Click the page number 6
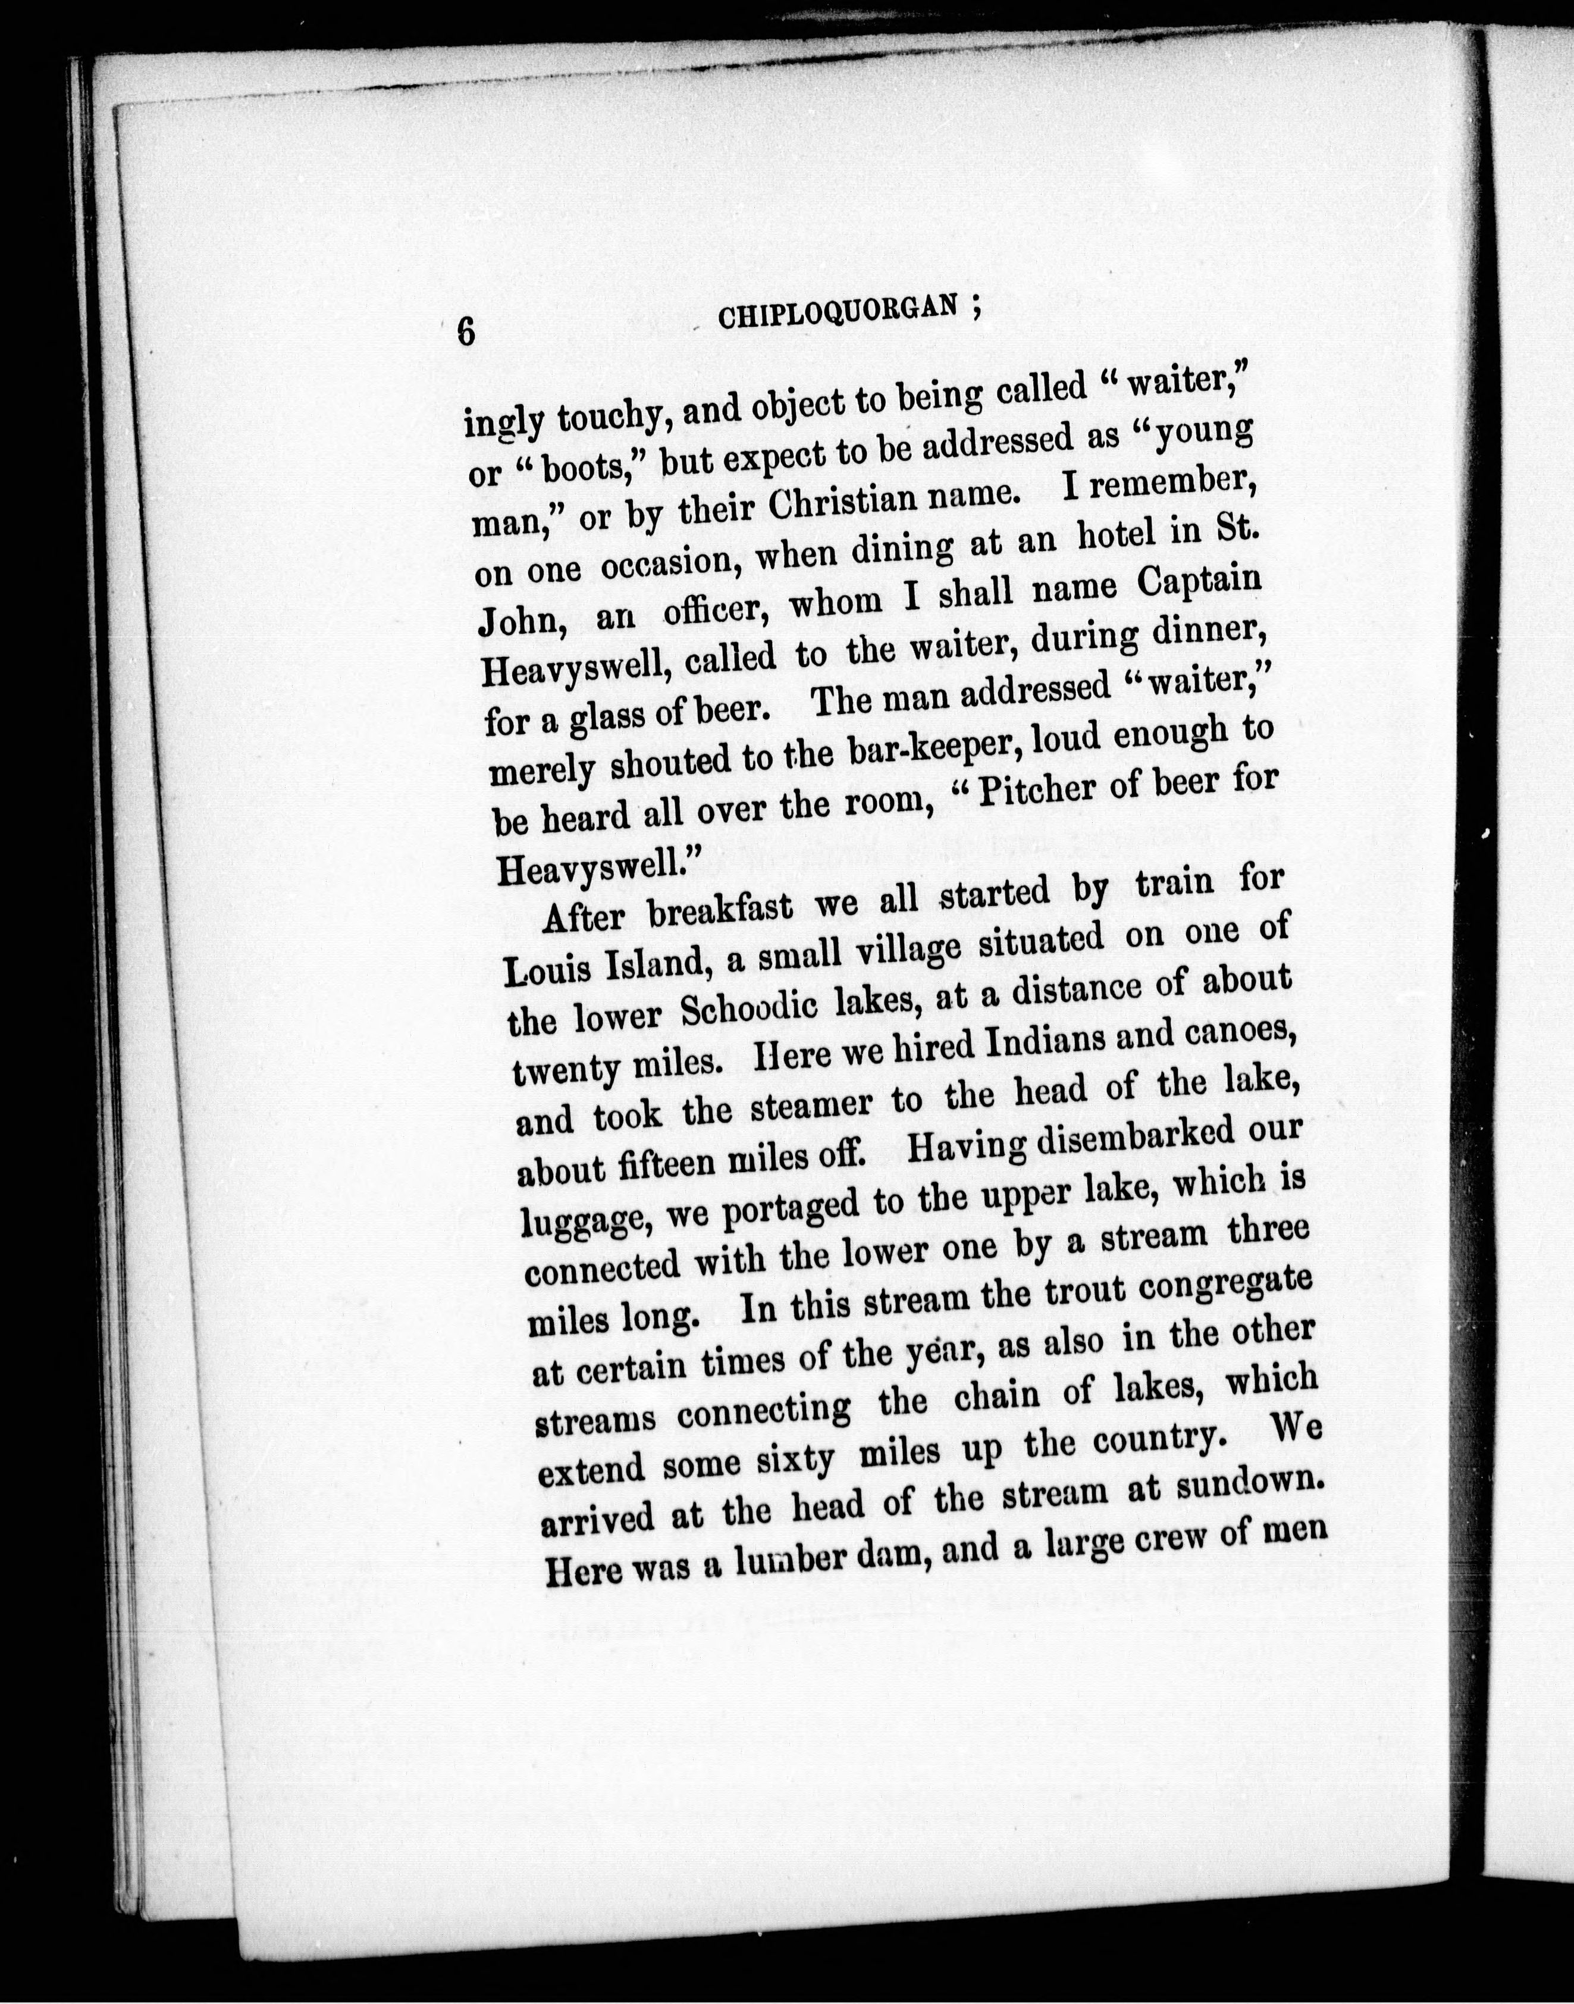(x=467, y=330)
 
